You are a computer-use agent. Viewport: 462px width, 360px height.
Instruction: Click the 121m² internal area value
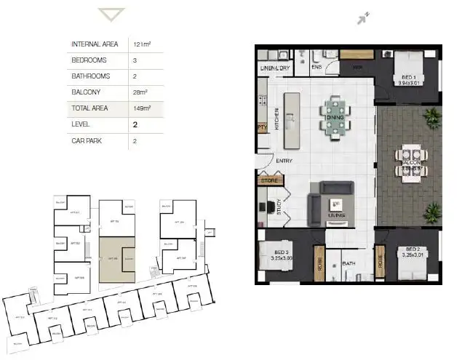[x=140, y=44]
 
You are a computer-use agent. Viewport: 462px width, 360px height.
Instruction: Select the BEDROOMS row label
[x=90, y=60]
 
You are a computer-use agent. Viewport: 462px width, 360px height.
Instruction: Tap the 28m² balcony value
[x=140, y=92]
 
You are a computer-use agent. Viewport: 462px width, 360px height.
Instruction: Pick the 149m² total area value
[x=141, y=108]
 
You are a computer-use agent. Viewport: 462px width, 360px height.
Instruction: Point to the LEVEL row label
[x=81, y=125]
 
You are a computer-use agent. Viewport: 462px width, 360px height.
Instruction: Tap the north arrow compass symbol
[x=363, y=18]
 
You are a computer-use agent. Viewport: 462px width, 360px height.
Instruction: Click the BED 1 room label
[x=407, y=78]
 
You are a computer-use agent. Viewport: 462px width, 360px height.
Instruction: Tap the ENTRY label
[x=284, y=161]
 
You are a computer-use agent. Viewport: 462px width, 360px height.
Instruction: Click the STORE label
[x=269, y=180]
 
